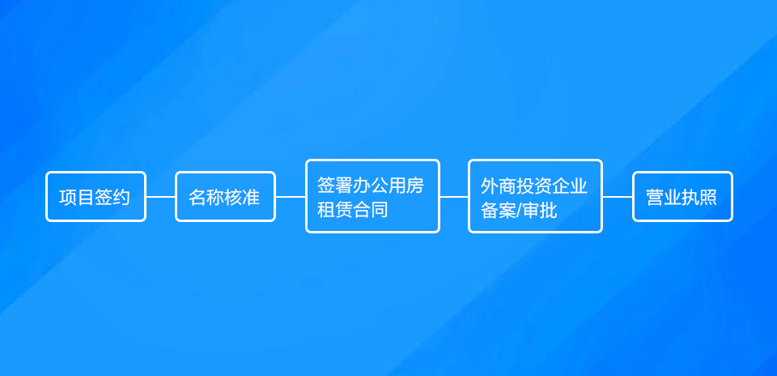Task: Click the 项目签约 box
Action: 96,196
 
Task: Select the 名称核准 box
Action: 225,196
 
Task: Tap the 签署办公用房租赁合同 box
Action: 372,196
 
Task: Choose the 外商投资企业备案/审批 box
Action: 535,196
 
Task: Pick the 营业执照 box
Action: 682,196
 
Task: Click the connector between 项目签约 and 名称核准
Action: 160,196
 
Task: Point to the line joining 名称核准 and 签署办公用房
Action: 291,196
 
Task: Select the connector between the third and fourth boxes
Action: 454,196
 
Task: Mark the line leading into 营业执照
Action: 618,196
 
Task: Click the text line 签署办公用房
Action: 370,186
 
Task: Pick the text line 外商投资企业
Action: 534,186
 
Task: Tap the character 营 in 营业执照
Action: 655,197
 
